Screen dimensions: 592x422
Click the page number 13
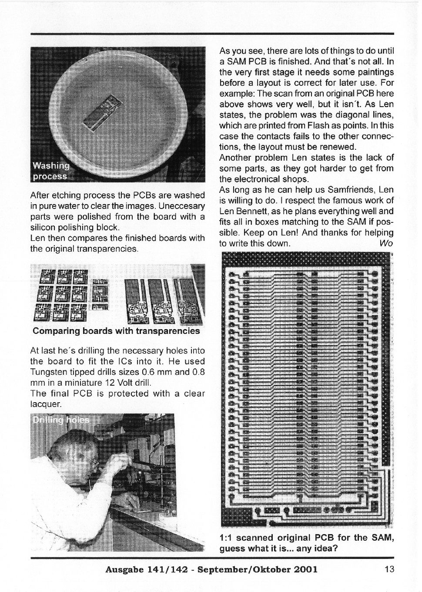click(389, 569)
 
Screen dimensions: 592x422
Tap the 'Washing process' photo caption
click(51, 171)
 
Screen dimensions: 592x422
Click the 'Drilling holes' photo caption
click(61, 420)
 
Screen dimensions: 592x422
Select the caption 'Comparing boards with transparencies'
click(116, 331)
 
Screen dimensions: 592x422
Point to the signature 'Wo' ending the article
click(386, 243)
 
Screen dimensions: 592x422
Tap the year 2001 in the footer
click(301, 569)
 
